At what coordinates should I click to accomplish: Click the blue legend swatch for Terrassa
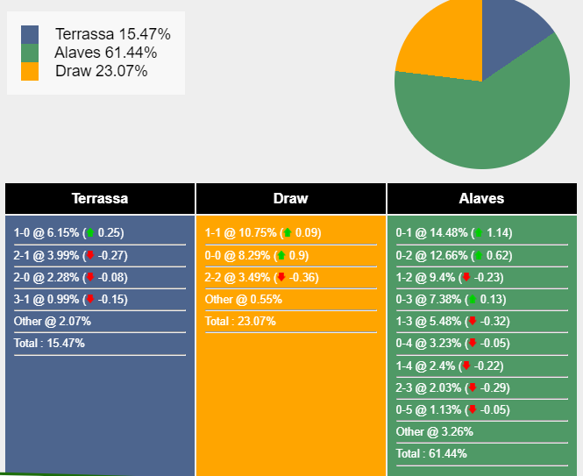pos(30,34)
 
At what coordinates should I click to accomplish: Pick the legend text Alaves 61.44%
pos(105,53)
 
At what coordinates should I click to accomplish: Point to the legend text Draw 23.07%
pos(101,71)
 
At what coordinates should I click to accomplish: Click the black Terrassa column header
pos(100,198)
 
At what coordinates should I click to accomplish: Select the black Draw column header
pos(291,198)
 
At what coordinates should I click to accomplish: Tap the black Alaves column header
pos(481,198)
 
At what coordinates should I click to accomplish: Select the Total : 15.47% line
pos(49,343)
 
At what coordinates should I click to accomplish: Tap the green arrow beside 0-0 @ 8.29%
pos(281,255)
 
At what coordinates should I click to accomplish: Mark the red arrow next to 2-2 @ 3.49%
pos(281,277)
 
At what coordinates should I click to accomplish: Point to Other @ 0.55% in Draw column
pos(244,299)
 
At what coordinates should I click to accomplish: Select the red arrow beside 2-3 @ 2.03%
pos(473,387)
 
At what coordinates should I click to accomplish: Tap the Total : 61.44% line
pos(431,453)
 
